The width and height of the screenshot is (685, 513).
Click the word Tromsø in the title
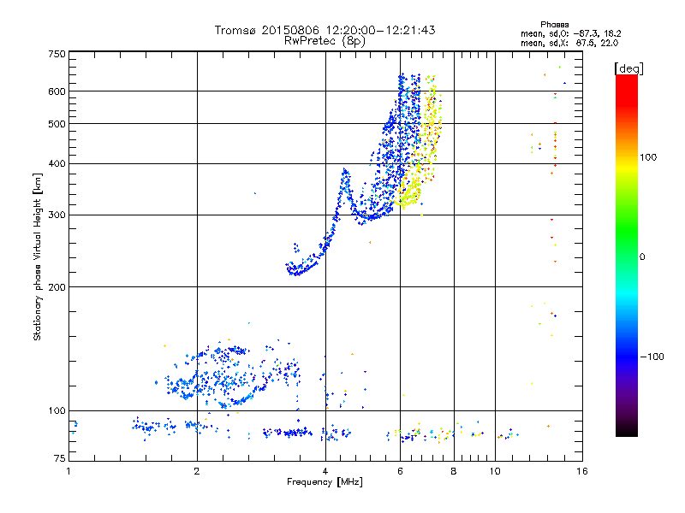[x=239, y=30]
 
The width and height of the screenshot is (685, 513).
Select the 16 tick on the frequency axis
[x=581, y=471]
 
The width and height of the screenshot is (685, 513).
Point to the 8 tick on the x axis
[x=454, y=471]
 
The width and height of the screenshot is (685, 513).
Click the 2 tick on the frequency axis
[x=197, y=471]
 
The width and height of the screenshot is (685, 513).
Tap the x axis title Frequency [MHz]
[x=325, y=482]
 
